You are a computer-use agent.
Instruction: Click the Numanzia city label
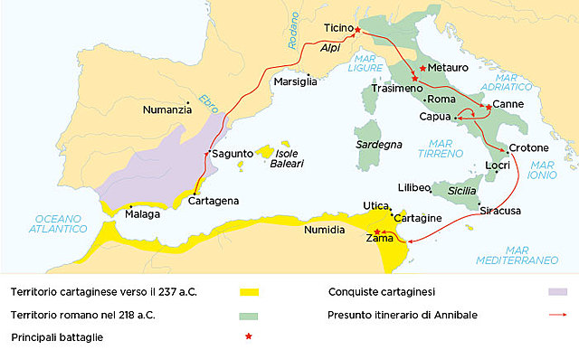(167, 109)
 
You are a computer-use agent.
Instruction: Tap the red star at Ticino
(357, 30)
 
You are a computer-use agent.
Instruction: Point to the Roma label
(441, 99)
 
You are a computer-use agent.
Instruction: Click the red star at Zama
(377, 232)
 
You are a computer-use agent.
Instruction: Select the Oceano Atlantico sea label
(60, 223)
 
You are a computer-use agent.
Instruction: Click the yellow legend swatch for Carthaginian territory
(249, 292)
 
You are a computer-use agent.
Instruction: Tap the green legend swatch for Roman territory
(249, 316)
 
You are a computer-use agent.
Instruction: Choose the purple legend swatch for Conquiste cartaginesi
(557, 292)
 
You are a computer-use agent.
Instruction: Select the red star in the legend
(249, 337)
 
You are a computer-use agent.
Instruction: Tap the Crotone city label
(528, 147)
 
